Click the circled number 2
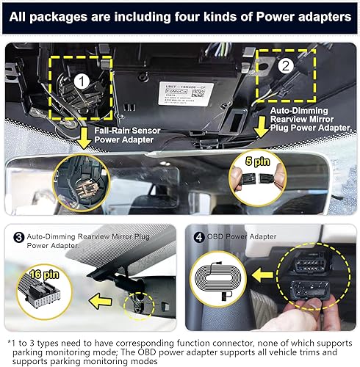(285, 65)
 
